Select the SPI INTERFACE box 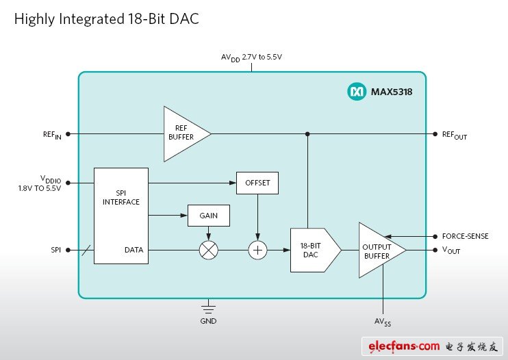[121, 216]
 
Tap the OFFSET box [257, 183]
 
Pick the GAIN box [208, 216]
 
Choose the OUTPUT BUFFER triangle [379, 250]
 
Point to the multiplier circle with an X [208, 250]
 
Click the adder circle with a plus [257, 250]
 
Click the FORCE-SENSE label [466, 236]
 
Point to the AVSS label [383, 320]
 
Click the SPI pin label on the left [55, 250]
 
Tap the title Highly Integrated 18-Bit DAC [106, 19]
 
